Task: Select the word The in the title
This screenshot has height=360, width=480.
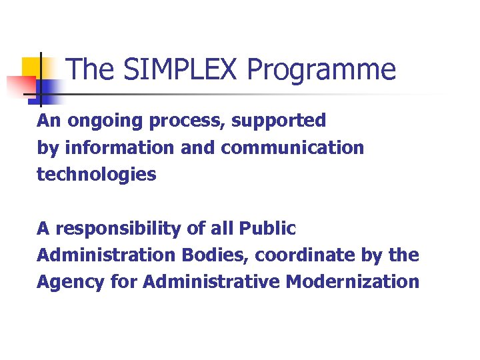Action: point(88,70)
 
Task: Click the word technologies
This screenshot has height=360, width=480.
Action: point(96,175)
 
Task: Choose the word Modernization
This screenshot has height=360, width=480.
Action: point(353,281)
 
